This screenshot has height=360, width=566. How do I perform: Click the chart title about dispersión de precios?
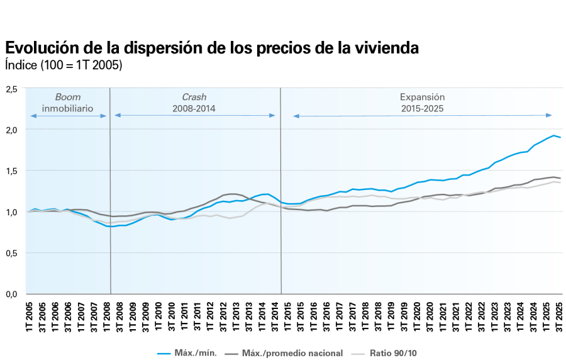pos(211,48)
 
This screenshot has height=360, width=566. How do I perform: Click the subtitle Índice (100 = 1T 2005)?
pos(63,65)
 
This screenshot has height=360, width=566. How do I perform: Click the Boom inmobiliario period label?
pos(68,103)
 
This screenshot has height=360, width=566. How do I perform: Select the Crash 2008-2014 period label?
pos(194,103)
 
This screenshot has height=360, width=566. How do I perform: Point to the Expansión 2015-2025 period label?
pos(422,103)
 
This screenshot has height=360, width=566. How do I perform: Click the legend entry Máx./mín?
pos(186,352)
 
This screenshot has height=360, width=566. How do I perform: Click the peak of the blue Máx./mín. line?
pos(553,135)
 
